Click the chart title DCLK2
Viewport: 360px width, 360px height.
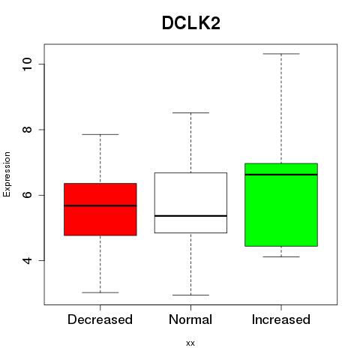(191, 23)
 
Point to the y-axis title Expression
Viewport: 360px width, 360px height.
(7, 174)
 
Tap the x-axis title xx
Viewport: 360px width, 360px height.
(190, 343)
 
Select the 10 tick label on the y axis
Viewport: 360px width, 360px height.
(28, 64)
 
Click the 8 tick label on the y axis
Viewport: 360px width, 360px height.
(28, 130)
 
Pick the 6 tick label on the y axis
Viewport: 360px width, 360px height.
(28, 195)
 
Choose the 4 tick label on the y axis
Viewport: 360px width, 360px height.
(28, 260)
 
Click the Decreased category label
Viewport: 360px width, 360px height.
(100, 319)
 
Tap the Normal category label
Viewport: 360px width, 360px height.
(190, 319)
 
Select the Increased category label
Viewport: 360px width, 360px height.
(281, 319)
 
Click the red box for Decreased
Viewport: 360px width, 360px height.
(100, 209)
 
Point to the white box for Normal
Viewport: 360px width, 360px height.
(190, 202)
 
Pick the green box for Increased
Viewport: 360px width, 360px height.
(281, 205)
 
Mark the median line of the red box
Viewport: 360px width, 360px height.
(100, 205)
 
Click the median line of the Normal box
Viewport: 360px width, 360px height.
(190, 216)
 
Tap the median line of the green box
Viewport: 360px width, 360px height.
(281, 175)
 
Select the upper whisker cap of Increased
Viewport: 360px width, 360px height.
(281, 54)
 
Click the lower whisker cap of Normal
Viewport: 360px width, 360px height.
(190, 295)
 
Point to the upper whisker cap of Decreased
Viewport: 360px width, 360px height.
(100, 134)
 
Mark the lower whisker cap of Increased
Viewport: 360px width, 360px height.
(281, 256)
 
